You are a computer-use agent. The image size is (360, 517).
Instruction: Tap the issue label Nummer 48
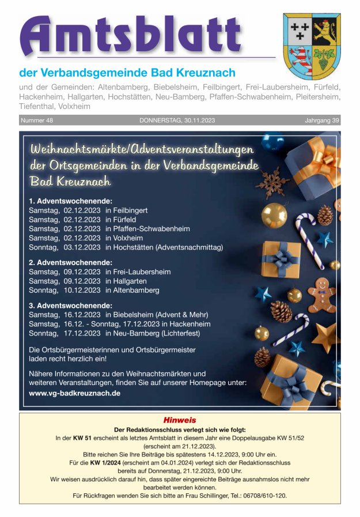tap(37, 120)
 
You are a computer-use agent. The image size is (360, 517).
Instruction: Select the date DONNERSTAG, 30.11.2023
tap(177, 120)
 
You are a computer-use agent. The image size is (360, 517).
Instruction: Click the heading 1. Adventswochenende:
tap(70, 201)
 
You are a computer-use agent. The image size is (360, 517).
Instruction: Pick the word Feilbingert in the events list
tap(130, 210)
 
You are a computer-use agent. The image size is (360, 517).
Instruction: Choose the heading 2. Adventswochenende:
tap(70, 262)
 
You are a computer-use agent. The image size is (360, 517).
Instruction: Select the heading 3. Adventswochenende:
tap(70, 305)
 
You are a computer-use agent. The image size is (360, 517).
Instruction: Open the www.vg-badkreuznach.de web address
tap(74, 393)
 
